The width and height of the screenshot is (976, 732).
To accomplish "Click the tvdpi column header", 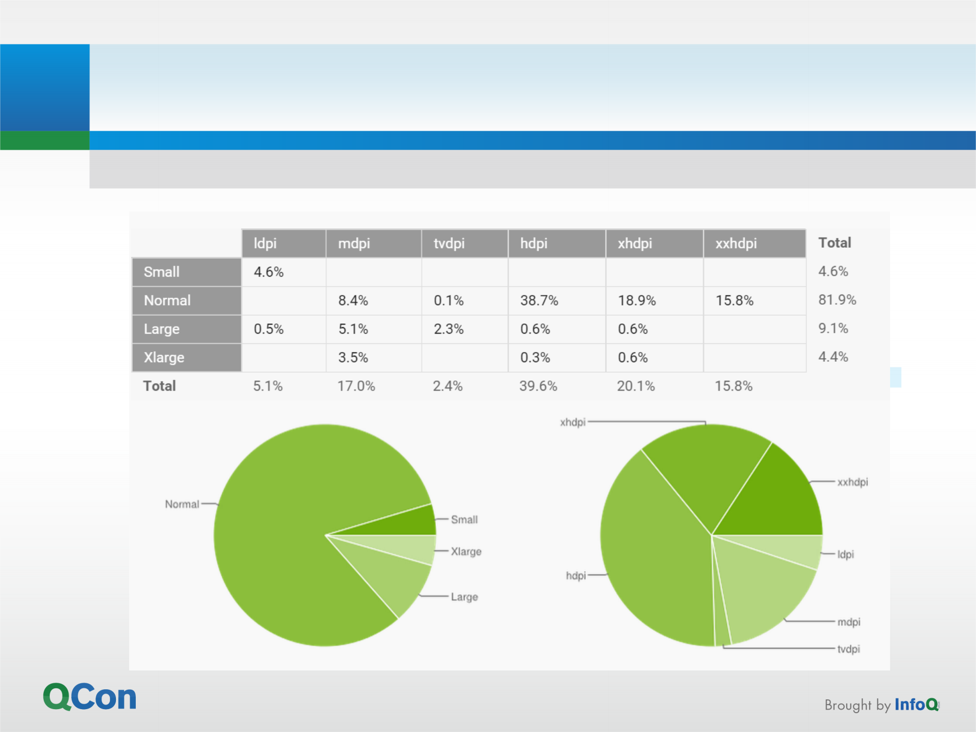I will [449, 244].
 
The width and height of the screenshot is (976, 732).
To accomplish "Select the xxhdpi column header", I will [736, 244].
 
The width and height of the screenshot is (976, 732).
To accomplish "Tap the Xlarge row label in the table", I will [164, 358].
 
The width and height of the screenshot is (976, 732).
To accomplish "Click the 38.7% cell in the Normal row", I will [539, 301].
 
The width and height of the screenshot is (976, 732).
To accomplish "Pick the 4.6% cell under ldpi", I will [269, 272].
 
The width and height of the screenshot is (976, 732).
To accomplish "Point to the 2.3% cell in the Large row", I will [449, 329].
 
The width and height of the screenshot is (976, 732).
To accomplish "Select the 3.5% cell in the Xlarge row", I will [353, 358].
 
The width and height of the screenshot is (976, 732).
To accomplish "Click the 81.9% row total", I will [837, 300].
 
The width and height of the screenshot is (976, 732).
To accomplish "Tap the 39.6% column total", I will [538, 386].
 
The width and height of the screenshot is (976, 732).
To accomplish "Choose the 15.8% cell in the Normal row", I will [734, 301].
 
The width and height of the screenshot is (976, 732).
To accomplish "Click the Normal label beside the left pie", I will [182, 504].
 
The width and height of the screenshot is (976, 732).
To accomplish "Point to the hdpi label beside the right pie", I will [576, 575].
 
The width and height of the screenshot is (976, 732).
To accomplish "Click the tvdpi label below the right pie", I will [848, 649].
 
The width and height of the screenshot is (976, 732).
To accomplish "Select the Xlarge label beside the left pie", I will [466, 551].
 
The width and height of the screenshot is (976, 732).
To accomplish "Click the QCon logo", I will [90, 696].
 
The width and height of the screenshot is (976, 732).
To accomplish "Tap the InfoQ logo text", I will [916, 705].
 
